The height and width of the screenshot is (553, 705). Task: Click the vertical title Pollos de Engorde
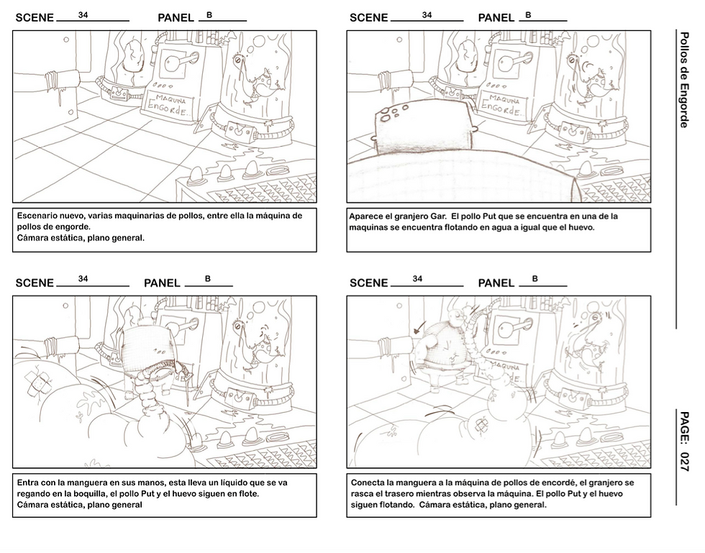[684, 80]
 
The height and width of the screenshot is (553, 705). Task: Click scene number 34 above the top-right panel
[427, 15]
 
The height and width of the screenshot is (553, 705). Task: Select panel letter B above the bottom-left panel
[208, 279]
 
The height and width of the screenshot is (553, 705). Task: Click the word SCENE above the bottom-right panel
[368, 283]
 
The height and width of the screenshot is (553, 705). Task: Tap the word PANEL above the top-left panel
[176, 17]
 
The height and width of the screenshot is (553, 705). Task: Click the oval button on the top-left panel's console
[278, 171]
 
